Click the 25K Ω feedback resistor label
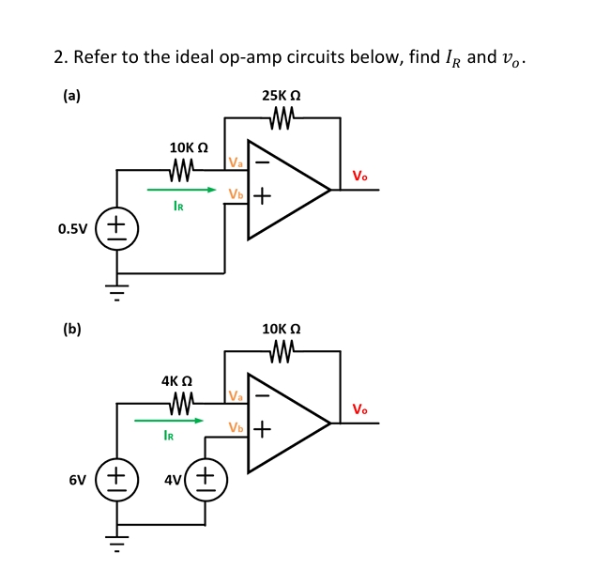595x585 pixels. pos(282,96)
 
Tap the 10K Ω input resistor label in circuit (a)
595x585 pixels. pos(188,148)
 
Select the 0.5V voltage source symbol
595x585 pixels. pos(116,228)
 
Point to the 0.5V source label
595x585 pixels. pos(73,228)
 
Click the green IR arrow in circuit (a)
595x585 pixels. pos(188,190)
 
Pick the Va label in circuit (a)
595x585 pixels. pos(236,163)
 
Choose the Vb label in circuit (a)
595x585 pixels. pos(236,194)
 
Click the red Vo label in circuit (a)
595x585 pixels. pos(360,176)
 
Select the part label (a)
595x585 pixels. pos(71,95)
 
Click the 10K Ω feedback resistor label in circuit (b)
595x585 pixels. pos(282,330)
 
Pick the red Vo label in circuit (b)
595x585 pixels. pos(360,409)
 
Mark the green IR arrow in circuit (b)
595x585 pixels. pos(169,422)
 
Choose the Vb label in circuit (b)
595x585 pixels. pos(236,428)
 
